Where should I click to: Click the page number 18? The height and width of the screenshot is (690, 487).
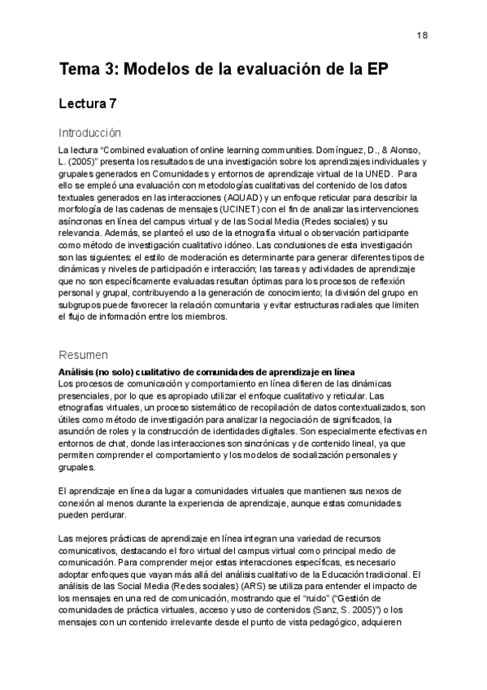click(x=423, y=35)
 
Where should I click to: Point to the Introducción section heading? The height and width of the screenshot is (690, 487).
click(x=89, y=133)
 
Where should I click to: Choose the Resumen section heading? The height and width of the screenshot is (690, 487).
click(x=84, y=355)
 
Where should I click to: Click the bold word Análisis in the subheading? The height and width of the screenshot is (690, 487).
click(x=80, y=372)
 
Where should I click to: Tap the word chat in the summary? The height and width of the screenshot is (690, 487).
click(x=115, y=444)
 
